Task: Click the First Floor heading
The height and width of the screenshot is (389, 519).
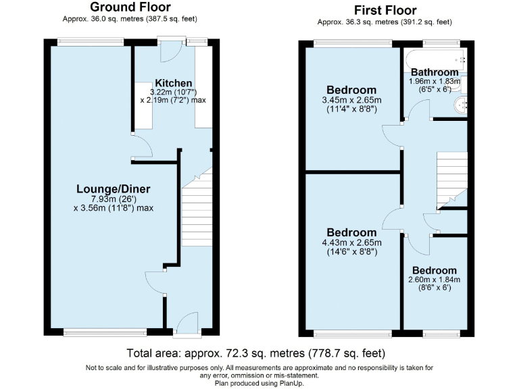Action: pos(385,10)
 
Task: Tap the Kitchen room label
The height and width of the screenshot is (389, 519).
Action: pos(173,82)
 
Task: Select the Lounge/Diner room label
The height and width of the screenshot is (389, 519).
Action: pos(114,188)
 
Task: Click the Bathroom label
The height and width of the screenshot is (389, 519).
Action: pos(435,72)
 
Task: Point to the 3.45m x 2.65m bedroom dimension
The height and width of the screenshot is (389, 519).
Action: pos(351,101)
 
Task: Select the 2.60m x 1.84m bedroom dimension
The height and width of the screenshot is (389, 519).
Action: pos(435,280)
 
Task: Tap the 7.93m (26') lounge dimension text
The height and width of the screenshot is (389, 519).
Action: pos(114,199)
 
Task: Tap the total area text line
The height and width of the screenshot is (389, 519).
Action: pos(256,353)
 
